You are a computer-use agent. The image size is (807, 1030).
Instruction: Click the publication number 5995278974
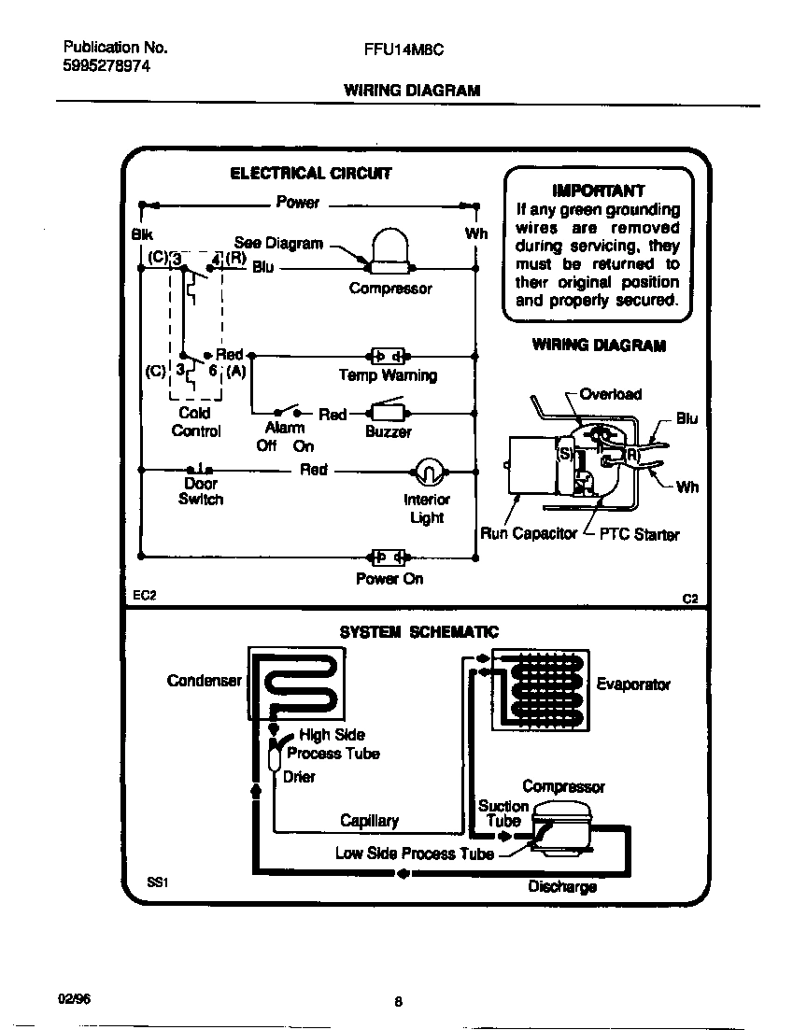[x=106, y=67]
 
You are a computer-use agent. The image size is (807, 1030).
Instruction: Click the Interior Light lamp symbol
[x=426, y=473]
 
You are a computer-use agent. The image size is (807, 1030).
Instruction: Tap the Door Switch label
[x=201, y=491]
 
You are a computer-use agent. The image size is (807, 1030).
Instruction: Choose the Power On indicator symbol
[x=388, y=557]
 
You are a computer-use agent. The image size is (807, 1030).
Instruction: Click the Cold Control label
[x=195, y=421]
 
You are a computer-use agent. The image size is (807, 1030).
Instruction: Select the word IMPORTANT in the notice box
[x=598, y=190]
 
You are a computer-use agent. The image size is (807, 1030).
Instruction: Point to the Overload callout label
[x=611, y=394]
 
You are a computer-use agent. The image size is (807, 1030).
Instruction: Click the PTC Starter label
[x=639, y=535]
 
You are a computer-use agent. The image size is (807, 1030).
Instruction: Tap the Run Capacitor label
[x=529, y=534]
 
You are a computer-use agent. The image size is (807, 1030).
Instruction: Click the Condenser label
[x=204, y=681]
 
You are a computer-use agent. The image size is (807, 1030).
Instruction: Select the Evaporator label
[x=633, y=684]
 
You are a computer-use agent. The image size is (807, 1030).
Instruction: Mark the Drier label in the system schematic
[x=299, y=777]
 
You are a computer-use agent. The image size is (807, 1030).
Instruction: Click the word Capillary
[x=369, y=821]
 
